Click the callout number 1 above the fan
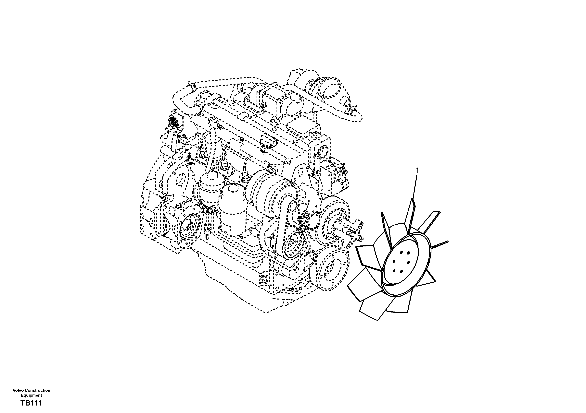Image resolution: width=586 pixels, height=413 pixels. pyautogui.click(x=418, y=170)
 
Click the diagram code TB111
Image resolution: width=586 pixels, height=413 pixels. pyautogui.click(x=31, y=403)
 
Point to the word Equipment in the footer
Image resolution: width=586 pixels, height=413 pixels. pyautogui.click(x=31, y=395)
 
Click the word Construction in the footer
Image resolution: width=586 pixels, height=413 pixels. pyautogui.click(x=38, y=390)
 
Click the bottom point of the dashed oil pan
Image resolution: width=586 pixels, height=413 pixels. pyautogui.click(x=266, y=312)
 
